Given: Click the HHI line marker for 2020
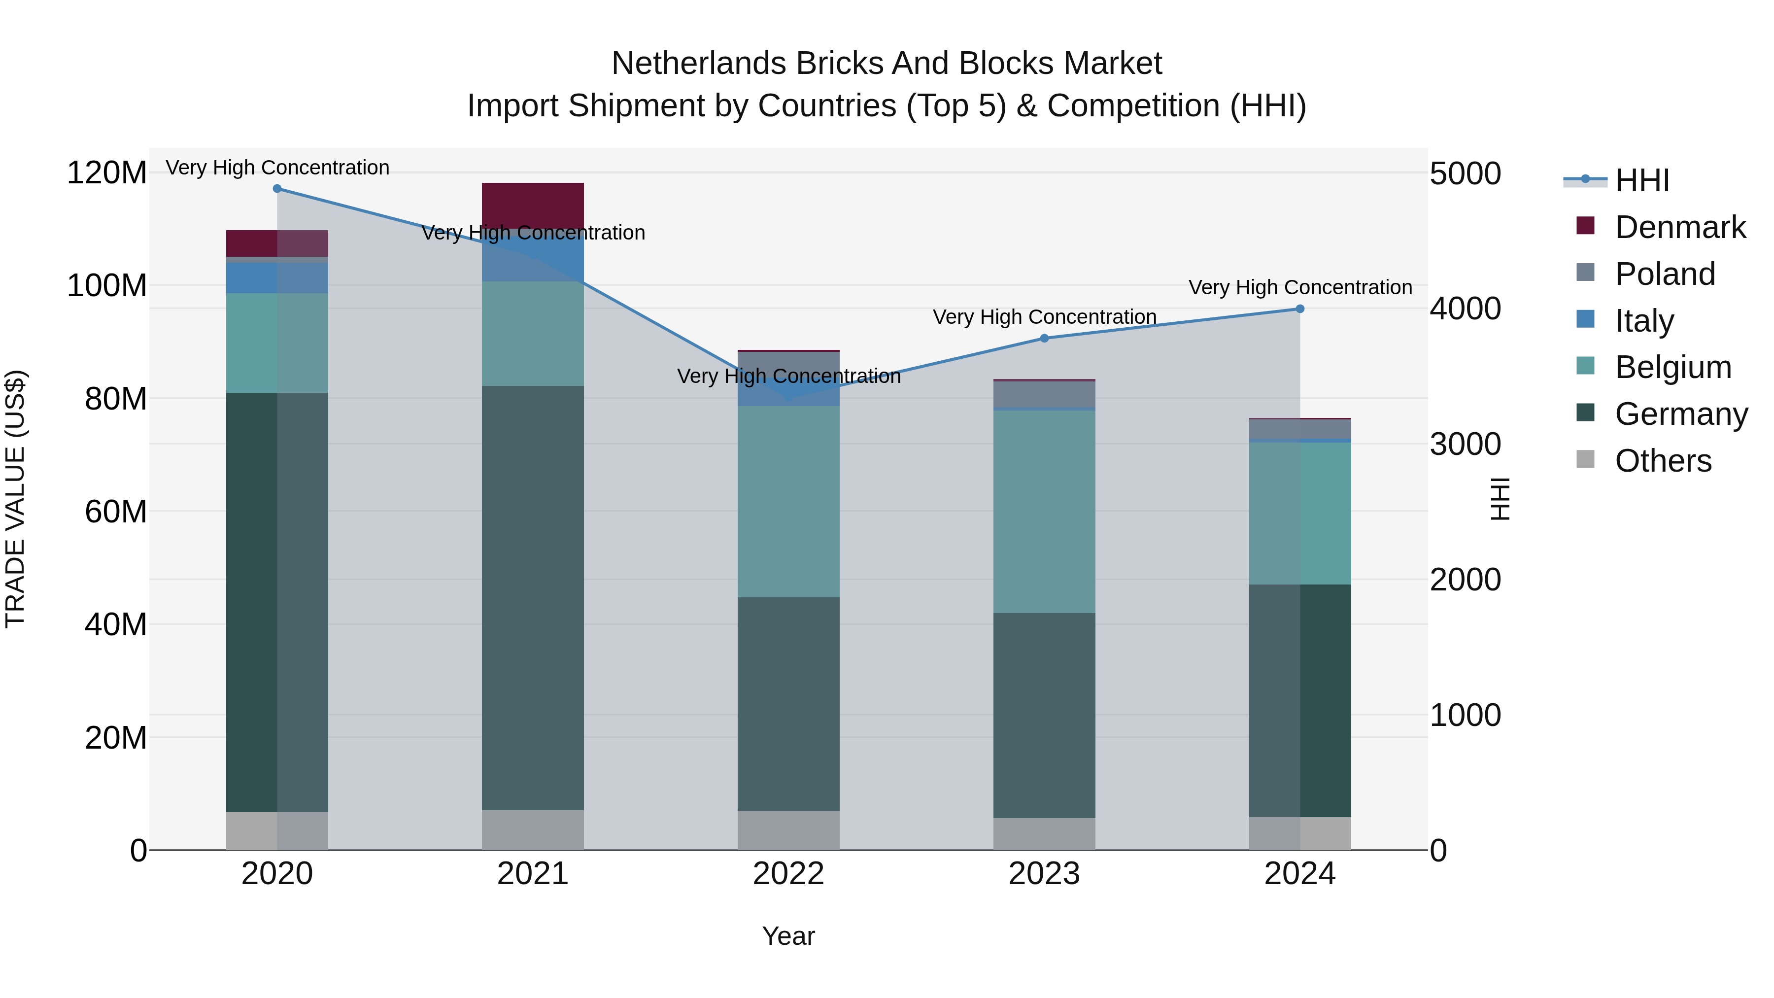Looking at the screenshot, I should coord(277,189).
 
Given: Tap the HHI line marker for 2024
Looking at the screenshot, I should coord(1299,309).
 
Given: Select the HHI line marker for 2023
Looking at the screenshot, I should coord(1044,338).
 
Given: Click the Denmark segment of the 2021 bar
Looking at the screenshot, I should coord(532,205).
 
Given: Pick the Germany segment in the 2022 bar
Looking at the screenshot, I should coord(788,703).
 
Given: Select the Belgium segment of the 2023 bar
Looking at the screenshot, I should coord(1044,511).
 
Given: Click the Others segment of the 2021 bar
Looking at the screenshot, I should coord(532,830).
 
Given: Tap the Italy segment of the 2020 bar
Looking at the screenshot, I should coord(277,277).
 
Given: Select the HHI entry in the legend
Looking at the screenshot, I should coord(1642,180).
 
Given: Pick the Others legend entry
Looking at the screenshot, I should coord(1663,461).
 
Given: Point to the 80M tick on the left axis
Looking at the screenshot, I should coord(116,399).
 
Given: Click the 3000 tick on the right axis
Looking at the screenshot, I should coord(1465,444).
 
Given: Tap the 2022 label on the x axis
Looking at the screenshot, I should coord(788,874).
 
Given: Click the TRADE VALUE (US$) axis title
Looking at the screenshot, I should coord(15,499).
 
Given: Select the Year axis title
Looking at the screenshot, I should coord(788,936).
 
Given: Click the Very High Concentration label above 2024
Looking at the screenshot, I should coord(1299,287).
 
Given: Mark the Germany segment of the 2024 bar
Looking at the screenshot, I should coord(1299,700).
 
